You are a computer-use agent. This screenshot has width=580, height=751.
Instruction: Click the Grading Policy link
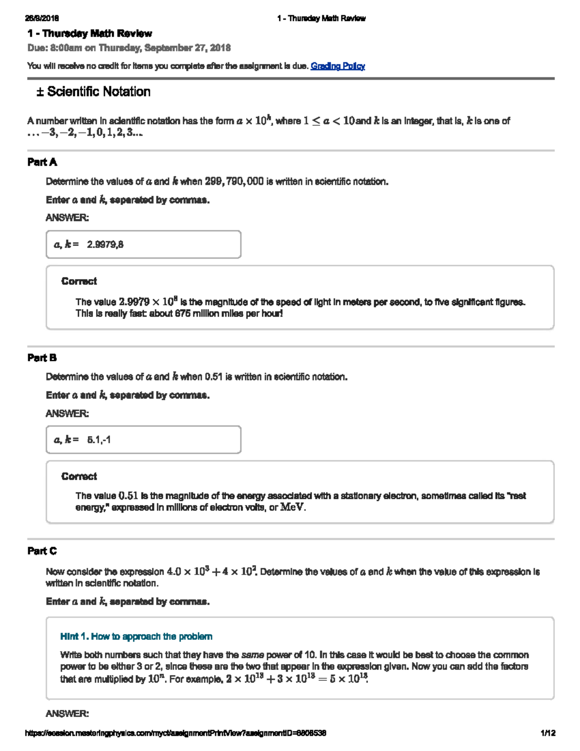pyautogui.click(x=337, y=66)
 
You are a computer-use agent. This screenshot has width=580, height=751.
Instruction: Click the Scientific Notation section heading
pyautogui.click(x=93, y=92)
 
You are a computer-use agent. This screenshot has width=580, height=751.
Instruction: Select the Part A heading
pyautogui.click(x=42, y=162)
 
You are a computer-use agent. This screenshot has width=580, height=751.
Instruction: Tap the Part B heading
pyautogui.click(x=42, y=358)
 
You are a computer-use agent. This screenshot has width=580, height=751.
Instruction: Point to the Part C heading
pyautogui.click(x=42, y=551)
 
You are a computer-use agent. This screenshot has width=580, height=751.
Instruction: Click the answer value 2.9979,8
pyautogui.click(x=105, y=245)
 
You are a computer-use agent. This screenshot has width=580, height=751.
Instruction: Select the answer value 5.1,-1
pyautogui.click(x=99, y=440)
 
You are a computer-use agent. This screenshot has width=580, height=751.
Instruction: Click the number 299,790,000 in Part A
pyautogui.click(x=234, y=182)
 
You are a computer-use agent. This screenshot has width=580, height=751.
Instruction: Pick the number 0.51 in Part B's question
pyautogui.click(x=214, y=377)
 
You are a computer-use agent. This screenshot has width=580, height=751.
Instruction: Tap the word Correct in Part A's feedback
pyautogui.click(x=79, y=281)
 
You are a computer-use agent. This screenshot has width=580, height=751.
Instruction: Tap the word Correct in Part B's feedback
pyautogui.click(x=79, y=476)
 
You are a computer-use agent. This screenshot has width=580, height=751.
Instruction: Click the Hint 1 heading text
pyautogui.click(x=136, y=636)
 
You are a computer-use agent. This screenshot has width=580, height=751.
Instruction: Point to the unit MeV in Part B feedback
pyautogui.click(x=292, y=508)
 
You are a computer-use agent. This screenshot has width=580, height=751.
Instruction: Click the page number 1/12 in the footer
pyautogui.click(x=548, y=733)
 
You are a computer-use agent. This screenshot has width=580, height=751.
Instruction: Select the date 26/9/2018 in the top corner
pyautogui.click(x=42, y=18)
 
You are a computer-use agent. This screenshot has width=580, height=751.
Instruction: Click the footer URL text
pyautogui.click(x=176, y=733)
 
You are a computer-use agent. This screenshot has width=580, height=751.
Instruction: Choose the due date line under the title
pyautogui.click(x=129, y=48)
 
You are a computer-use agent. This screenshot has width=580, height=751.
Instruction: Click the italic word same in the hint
pyautogui.click(x=252, y=655)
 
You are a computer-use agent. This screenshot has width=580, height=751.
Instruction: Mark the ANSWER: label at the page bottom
pyautogui.click(x=67, y=714)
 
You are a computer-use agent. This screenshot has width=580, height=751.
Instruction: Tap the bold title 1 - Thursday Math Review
pyautogui.click(x=89, y=33)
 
